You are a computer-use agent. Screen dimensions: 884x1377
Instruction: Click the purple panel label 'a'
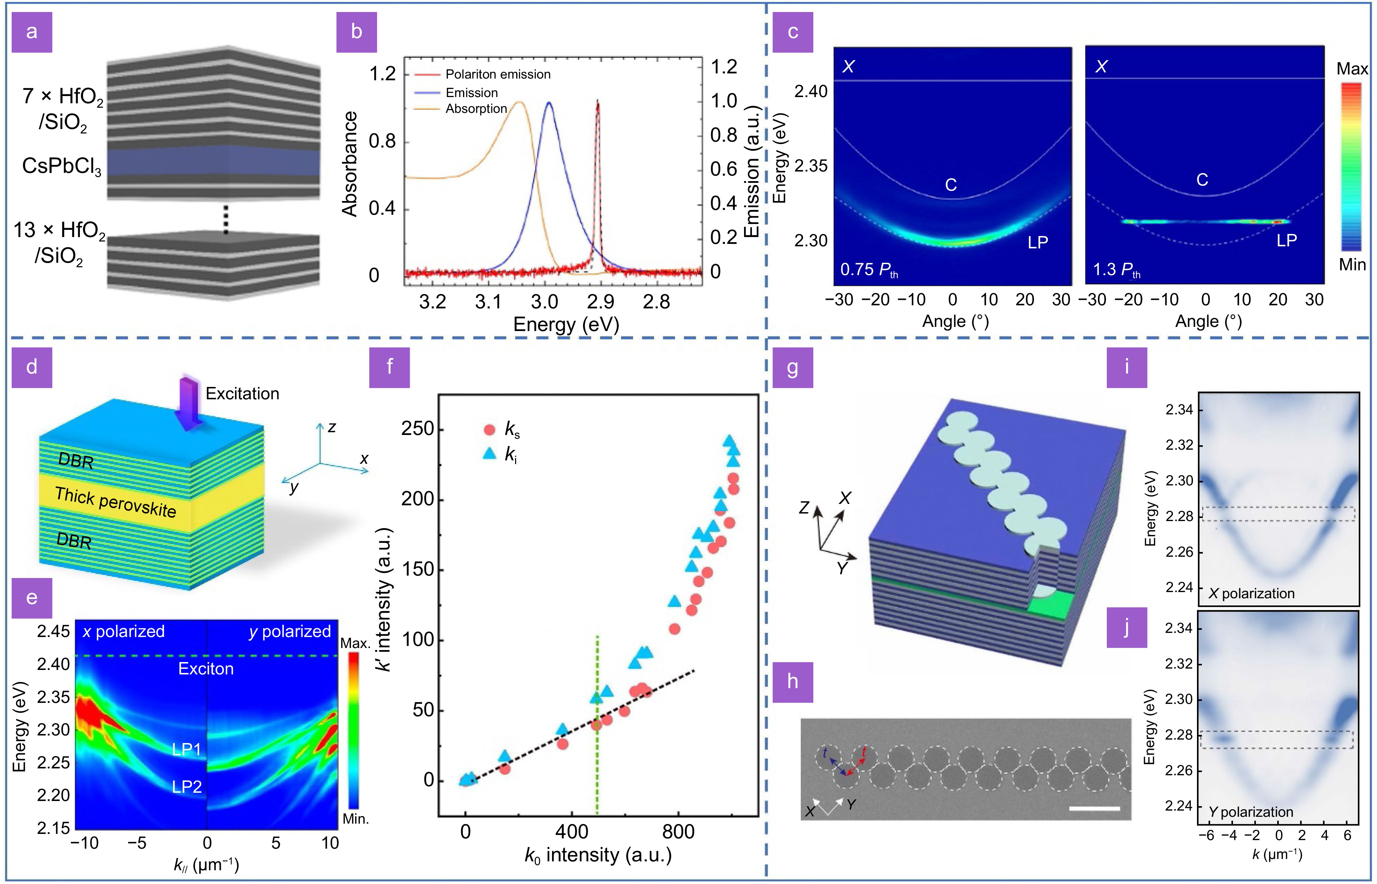point(32,32)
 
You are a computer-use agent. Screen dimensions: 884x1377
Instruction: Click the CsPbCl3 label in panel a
point(61,166)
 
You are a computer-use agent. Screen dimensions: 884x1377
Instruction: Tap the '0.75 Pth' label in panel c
point(869,270)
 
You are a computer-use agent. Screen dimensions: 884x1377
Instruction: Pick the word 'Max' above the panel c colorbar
point(1351,69)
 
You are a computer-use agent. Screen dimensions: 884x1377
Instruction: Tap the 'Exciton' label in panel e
point(206,669)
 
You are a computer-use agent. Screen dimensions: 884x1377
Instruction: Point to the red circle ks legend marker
point(489,430)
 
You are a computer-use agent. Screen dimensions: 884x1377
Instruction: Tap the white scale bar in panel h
point(1094,808)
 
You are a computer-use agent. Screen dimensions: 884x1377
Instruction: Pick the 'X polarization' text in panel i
point(1252,593)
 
